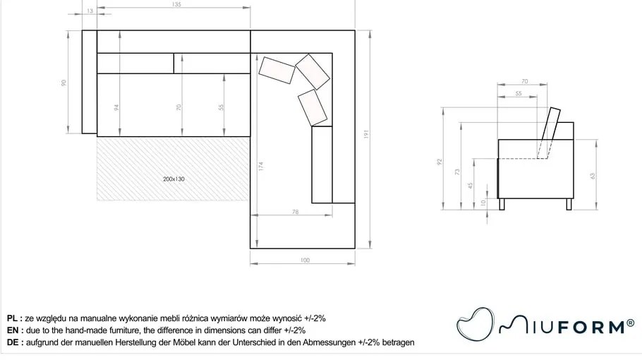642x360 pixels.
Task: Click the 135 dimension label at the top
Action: coord(176,4)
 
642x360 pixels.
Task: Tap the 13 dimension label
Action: coord(90,11)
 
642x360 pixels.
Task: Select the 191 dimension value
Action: coord(366,134)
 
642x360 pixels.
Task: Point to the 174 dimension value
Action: coord(261,167)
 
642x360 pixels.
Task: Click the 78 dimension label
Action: coord(295,212)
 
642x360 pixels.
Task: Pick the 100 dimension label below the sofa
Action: coord(305,260)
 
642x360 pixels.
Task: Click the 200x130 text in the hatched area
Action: coord(174,179)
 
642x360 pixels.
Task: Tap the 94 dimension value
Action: coord(116,107)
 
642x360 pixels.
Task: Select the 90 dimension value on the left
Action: coord(63,83)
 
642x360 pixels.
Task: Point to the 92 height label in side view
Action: coord(440,162)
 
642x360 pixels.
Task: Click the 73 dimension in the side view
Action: coord(457,172)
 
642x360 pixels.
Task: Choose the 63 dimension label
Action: coord(592,176)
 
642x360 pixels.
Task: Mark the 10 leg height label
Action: coord(483,203)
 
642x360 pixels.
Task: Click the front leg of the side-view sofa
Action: coord(502,204)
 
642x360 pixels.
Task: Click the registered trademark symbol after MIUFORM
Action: coord(631,323)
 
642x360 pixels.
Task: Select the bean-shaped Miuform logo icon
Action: coord(475,323)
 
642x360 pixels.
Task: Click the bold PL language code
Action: coord(12,318)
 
